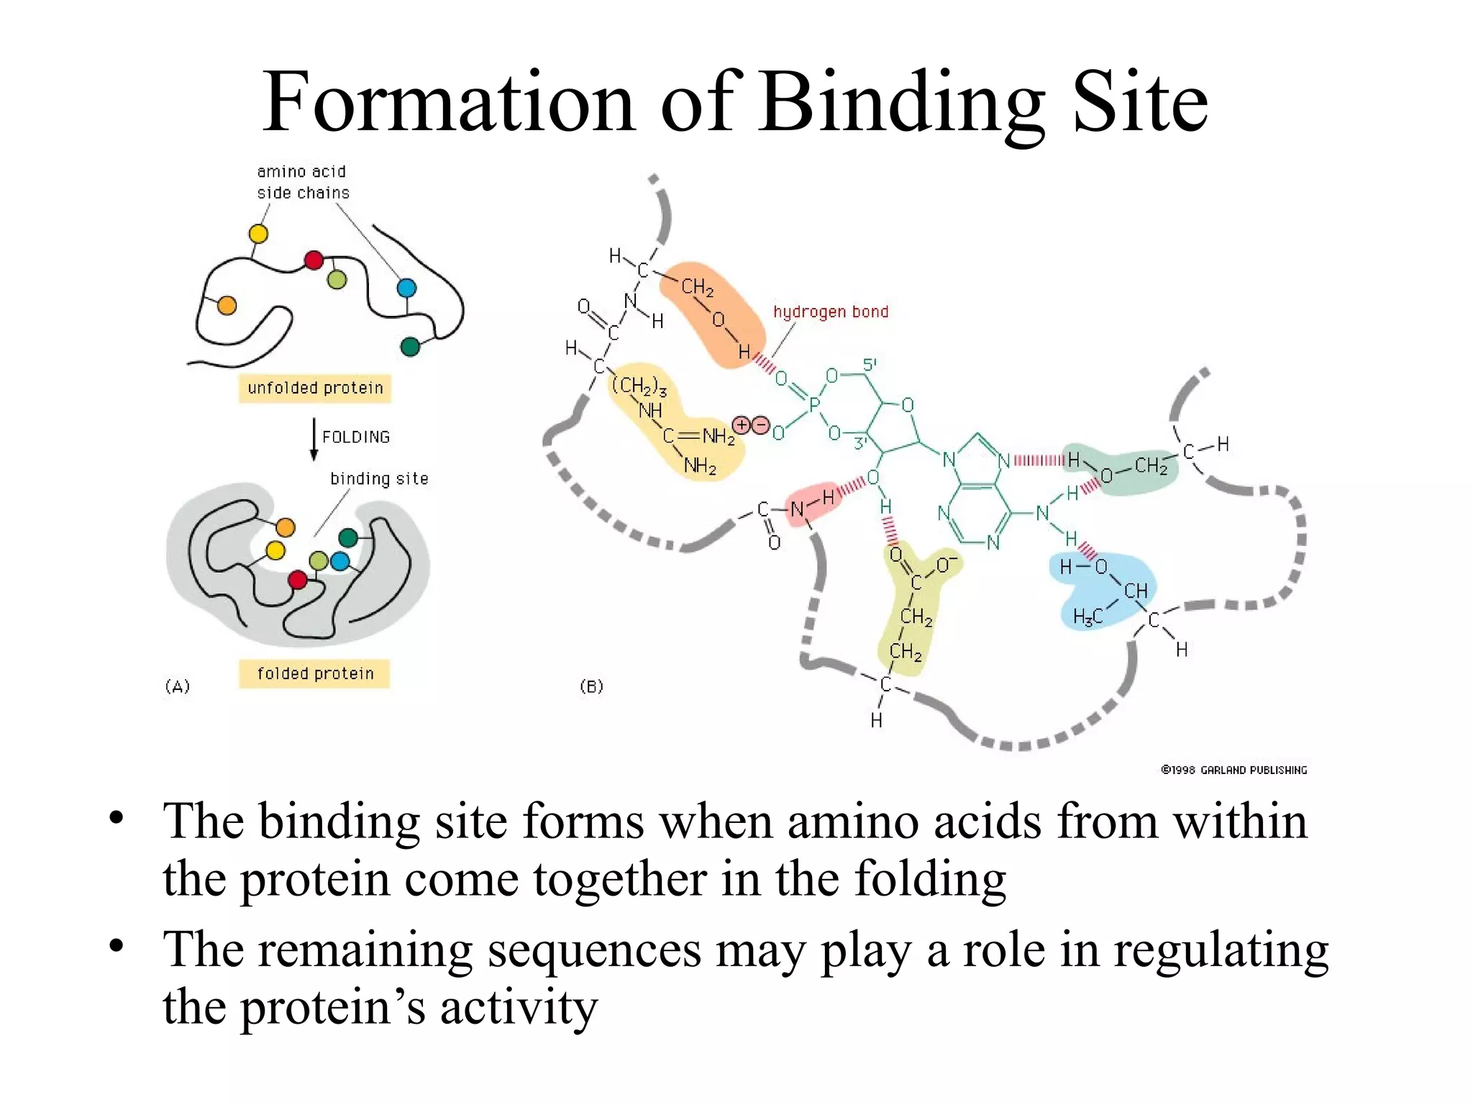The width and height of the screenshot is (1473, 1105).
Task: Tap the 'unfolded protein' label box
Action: pyautogui.click(x=315, y=388)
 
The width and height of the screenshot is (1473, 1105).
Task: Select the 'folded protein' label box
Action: pyautogui.click(x=315, y=673)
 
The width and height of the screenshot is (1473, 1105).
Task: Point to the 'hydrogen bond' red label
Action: pyautogui.click(x=831, y=312)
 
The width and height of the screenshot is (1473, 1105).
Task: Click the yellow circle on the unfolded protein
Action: pyautogui.click(x=258, y=234)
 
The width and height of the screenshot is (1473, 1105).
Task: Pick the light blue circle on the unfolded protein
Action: pyautogui.click(x=406, y=288)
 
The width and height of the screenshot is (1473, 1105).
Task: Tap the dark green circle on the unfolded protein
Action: pyautogui.click(x=410, y=347)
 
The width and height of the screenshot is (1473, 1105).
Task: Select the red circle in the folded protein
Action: pyautogui.click(x=298, y=580)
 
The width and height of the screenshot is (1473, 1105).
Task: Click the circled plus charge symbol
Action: pyautogui.click(x=742, y=425)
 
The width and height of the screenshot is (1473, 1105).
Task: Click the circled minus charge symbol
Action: pyautogui.click(x=760, y=425)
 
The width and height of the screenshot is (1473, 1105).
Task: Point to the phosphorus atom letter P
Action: pyautogui.click(x=814, y=405)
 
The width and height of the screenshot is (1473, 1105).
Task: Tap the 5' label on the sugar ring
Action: pyautogui.click(x=870, y=365)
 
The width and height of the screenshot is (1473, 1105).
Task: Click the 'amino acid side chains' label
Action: pyautogui.click(x=303, y=182)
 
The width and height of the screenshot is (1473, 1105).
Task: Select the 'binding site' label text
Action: pyautogui.click(x=379, y=479)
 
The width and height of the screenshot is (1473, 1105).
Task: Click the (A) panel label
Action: pyautogui.click(x=178, y=686)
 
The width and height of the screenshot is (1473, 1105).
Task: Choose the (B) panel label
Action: pyautogui.click(x=591, y=686)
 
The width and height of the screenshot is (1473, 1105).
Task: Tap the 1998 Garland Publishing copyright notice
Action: pyautogui.click(x=1233, y=770)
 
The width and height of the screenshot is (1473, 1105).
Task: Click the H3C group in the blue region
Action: pyautogui.click(x=1087, y=617)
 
